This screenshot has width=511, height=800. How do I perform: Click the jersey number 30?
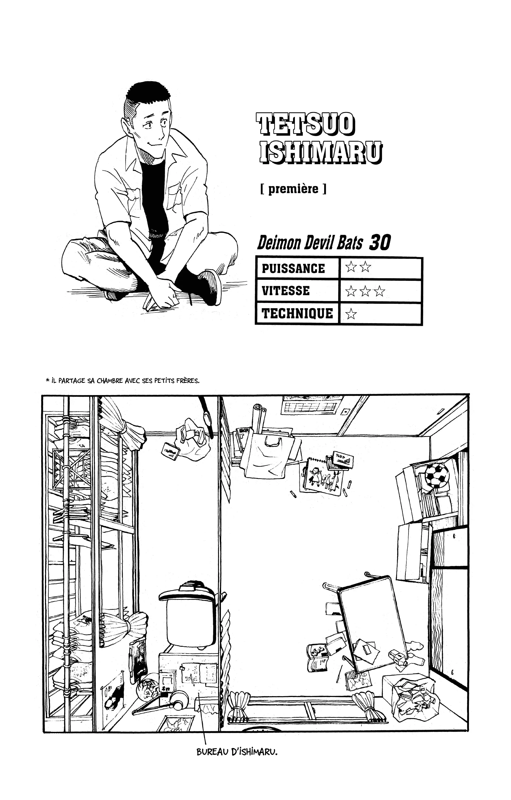(x=380, y=243)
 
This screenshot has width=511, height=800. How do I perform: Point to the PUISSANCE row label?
(x=293, y=268)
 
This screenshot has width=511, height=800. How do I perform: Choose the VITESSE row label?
(x=286, y=291)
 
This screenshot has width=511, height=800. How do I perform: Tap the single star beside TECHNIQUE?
(x=351, y=314)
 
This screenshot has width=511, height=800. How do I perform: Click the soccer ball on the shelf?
(x=437, y=475)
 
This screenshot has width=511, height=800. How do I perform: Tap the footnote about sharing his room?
(x=123, y=381)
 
